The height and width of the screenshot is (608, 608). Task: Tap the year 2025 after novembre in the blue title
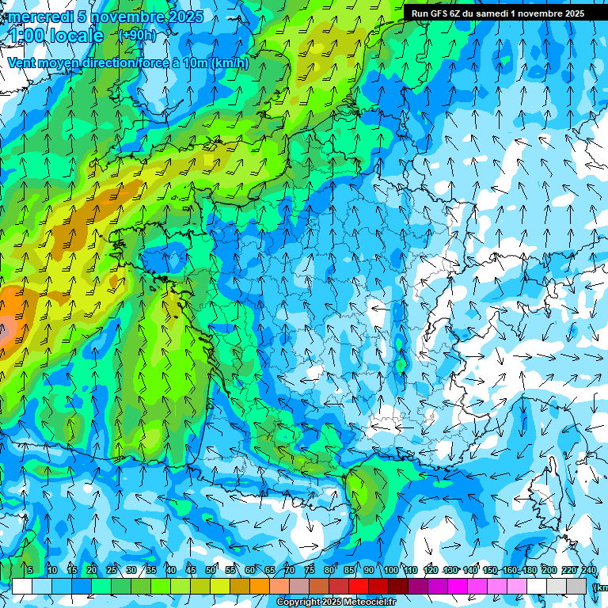tap(184, 17)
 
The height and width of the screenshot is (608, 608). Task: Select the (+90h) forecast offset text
tap(137, 35)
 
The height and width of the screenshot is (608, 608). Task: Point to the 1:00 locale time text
tap(55, 36)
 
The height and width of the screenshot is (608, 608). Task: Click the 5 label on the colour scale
tap(30, 570)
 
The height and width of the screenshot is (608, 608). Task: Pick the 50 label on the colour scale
tap(211, 570)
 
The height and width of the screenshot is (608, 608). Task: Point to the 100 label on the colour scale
tap(390, 570)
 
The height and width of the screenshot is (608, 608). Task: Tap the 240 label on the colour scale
tap(589, 570)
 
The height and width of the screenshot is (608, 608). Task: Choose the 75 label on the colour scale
tap(310, 570)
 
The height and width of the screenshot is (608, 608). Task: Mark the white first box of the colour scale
tap(22, 586)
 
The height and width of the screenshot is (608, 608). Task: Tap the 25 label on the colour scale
tap(112, 570)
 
